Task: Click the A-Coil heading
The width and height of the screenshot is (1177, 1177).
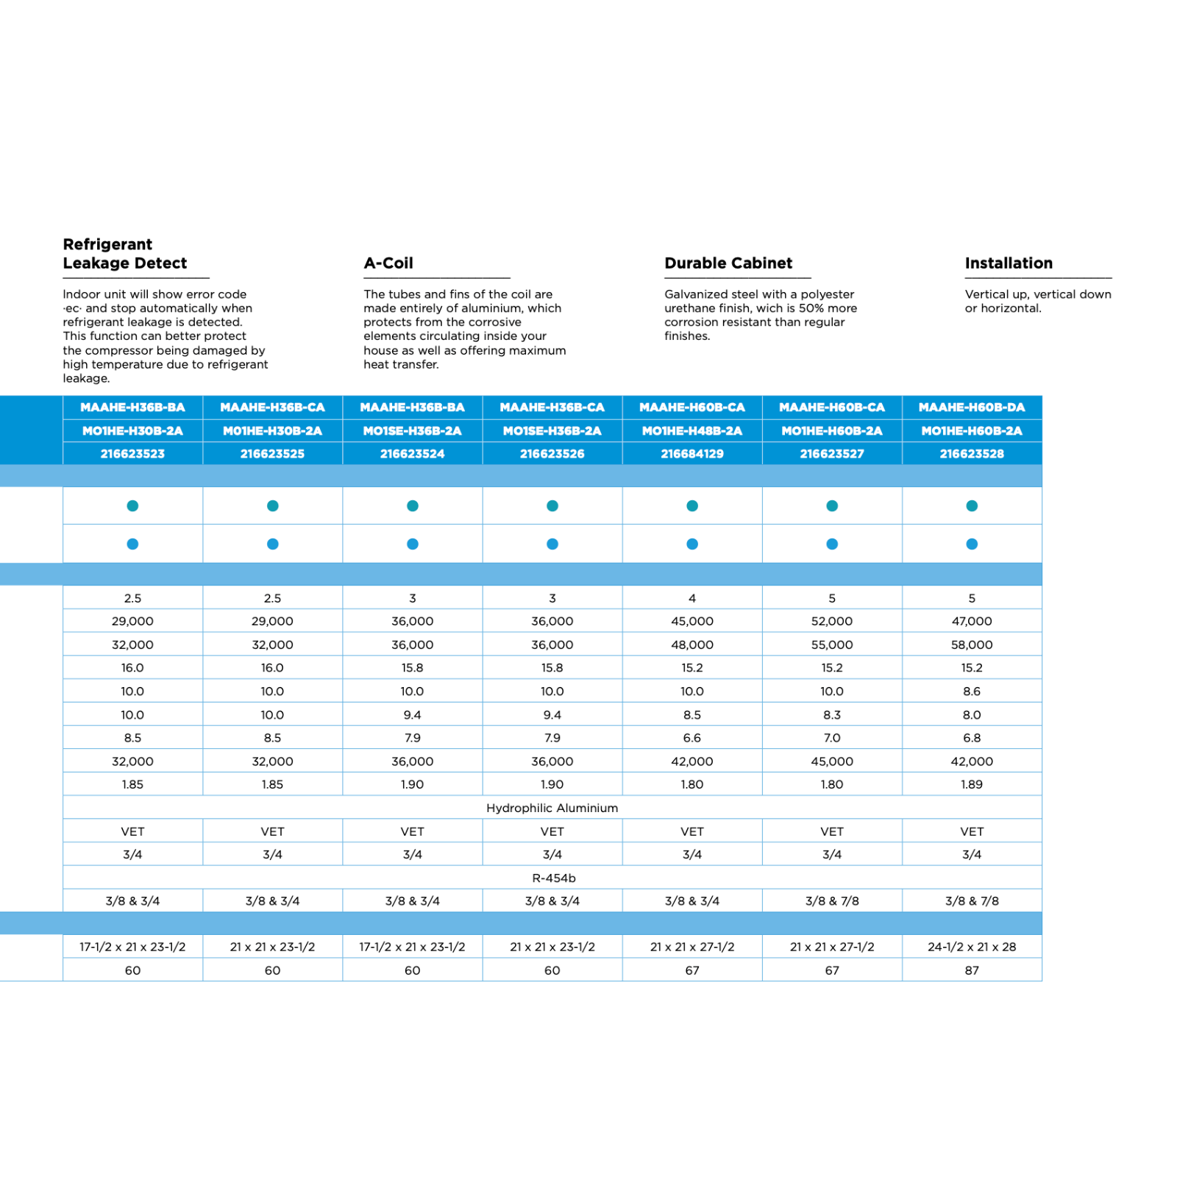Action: pyautogui.click(x=388, y=263)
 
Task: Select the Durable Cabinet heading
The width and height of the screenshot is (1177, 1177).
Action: pyautogui.click(x=728, y=263)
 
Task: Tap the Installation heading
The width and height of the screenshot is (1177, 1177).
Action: pyautogui.click(x=1009, y=263)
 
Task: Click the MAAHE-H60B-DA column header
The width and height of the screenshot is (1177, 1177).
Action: pyautogui.click(x=972, y=408)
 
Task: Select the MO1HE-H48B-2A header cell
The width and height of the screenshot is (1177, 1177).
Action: pyautogui.click(x=692, y=431)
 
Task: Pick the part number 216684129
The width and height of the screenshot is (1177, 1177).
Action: pyautogui.click(x=692, y=454)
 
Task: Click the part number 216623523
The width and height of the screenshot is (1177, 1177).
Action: pyautogui.click(x=132, y=454)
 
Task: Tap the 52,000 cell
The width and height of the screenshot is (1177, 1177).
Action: pyautogui.click(x=832, y=622)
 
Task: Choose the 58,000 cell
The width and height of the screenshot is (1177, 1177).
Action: pyautogui.click(x=972, y=645)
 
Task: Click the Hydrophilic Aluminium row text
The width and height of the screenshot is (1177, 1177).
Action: pyautogui.click(x=552, y=808)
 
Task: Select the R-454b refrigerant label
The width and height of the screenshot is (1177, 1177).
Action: pyautogui.click(x=553, y=878)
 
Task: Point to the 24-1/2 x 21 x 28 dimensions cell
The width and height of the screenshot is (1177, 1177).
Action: pyautogui.click(x=972, y=947)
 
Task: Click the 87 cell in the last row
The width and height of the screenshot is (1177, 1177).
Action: pyautogui.click(x=972, y=971)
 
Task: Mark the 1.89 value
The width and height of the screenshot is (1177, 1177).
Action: pyautogui.click(x=972, y=785)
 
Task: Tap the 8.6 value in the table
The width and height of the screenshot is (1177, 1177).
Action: pyautogui.click(x=972, y=691)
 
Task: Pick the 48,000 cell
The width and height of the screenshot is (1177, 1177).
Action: pyautogui.click(x=692, y=645)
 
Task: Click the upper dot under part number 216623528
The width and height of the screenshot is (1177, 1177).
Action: pyautogui.click(x=972, y=506)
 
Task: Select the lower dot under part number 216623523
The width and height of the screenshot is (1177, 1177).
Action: pyautogui.click(x=132, y=544)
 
